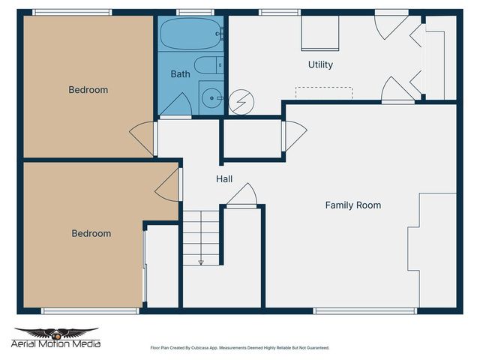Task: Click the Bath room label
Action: click(x=180, y=74)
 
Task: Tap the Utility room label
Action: click(x=320, y=65)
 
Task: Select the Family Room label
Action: click(x=352, y=205)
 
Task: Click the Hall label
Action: click(x=224, y=179)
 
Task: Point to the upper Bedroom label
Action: click(x=88, y=90)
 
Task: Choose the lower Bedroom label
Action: click(x=91, y=233)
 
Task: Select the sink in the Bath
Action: click(x=213, y=97)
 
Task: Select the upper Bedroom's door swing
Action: click(x=142, y=138)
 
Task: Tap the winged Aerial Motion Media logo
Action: click(x=57, y=334)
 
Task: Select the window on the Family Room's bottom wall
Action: click(x=364, y=310)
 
